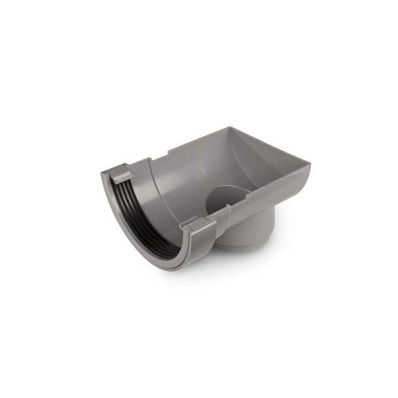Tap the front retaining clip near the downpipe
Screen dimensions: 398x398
(200, 226)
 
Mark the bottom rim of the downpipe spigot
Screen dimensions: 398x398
(243, 247)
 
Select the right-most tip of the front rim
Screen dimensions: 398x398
(310, 163)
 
